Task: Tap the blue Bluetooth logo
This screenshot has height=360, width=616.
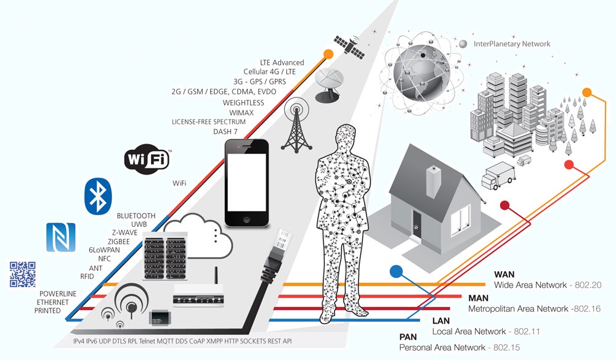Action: tap(96, 197)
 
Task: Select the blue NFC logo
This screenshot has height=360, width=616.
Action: tap(60, 237)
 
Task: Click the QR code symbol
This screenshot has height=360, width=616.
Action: tap(22, 274)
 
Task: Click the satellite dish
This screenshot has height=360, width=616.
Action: tap(330, 84)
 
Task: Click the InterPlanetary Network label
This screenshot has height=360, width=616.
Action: tap(512, 44)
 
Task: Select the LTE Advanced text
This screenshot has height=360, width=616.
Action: tap(282, 62)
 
